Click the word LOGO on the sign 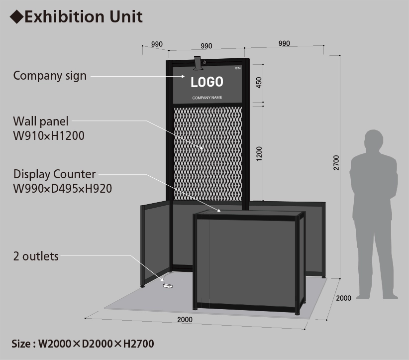point(207,82)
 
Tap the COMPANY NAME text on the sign point(207,98)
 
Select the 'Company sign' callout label point(50,76)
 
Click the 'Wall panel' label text point(41,121)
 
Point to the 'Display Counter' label point(54,174)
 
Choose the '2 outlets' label point(36,256)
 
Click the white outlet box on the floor point(168,286)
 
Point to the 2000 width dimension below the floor point(185,319)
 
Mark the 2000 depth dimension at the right point(344,298)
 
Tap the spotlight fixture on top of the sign point(199,63)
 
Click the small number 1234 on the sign point(237,68)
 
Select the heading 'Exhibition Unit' point(83,17)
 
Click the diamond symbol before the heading point(16,17)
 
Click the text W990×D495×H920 point(62,188)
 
